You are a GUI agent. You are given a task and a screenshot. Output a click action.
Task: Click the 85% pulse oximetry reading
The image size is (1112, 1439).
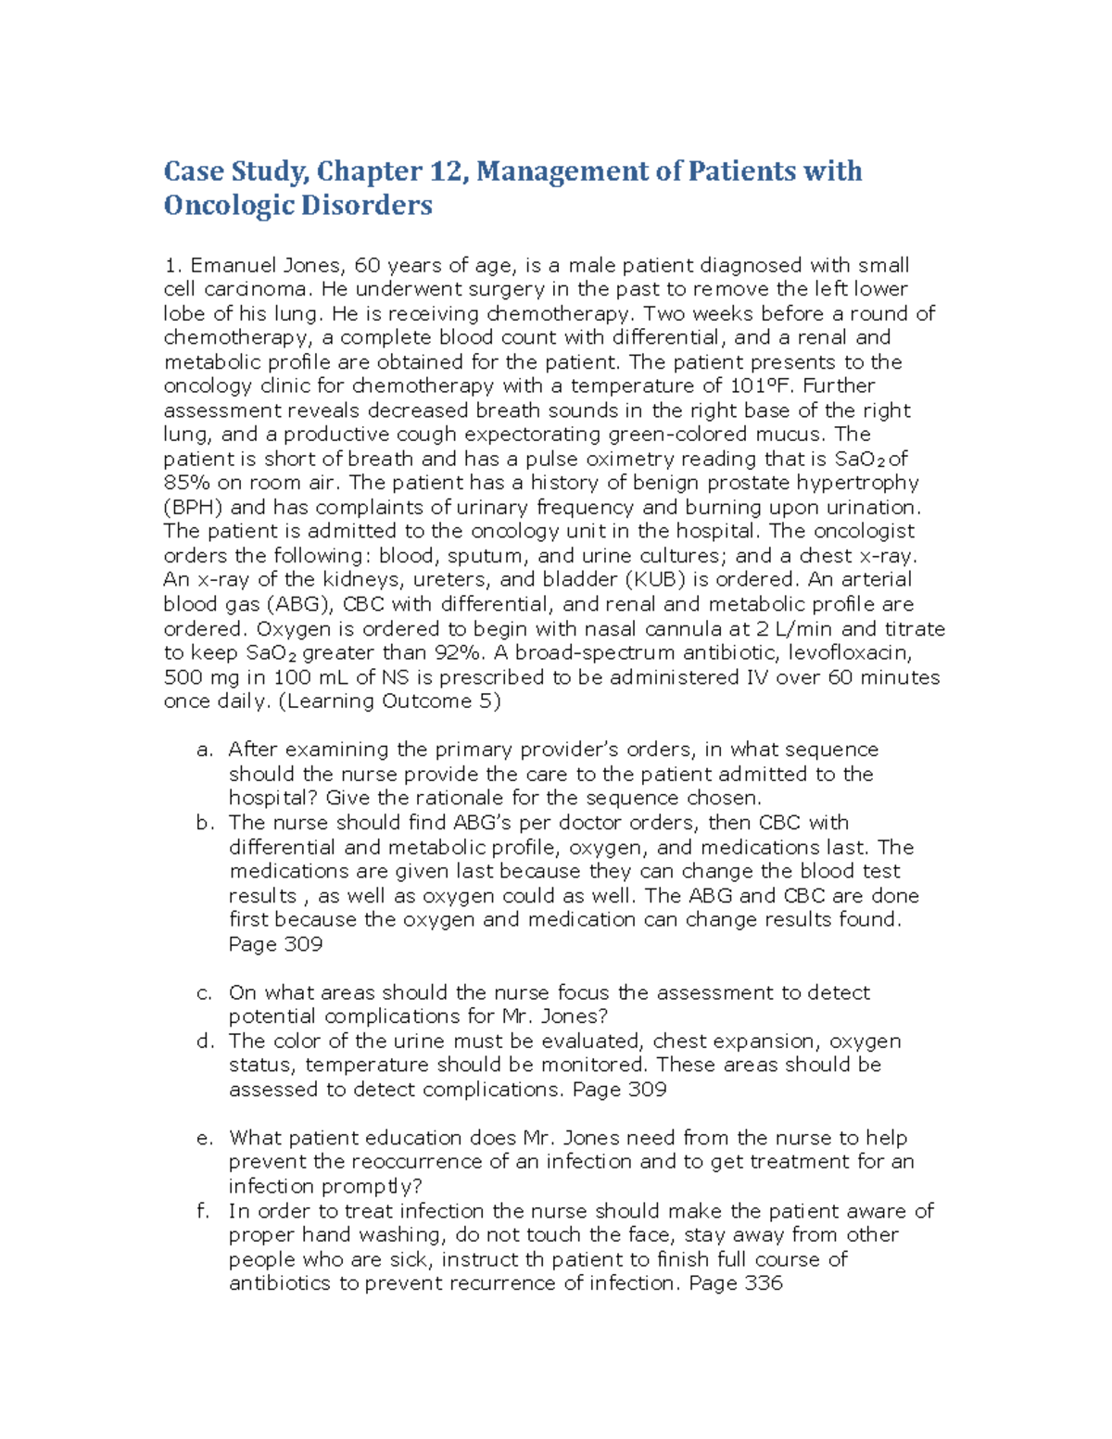(x=186, y=483)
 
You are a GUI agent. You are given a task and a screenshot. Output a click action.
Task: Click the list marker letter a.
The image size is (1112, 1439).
(x=205, y=750)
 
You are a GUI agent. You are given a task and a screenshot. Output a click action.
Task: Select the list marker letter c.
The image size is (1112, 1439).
(x=205, y=992)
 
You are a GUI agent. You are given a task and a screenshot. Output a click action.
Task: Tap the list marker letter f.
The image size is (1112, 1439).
(x=205, y=1211)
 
